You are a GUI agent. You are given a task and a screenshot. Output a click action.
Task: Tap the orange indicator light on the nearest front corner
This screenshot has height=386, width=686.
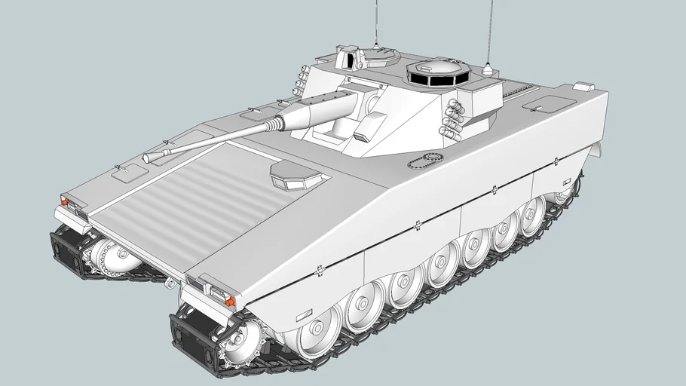click(x=229, y=301)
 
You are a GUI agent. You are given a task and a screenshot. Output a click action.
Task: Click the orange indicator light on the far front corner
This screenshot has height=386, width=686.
click(x=66, y=202)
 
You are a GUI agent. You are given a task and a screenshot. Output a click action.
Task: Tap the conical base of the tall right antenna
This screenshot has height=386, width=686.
click(x=487, y=71)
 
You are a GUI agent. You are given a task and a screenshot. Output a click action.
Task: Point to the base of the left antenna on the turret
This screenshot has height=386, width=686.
click(x=375, y=47)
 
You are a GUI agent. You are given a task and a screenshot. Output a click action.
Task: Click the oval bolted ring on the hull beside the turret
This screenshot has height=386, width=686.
click(x=424, y=160)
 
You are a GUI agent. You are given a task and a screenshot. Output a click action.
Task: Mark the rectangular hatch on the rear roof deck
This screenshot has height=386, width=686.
click(x=548, y=104)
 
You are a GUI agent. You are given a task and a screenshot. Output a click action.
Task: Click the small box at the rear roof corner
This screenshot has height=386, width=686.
click(x=584, y=87)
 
